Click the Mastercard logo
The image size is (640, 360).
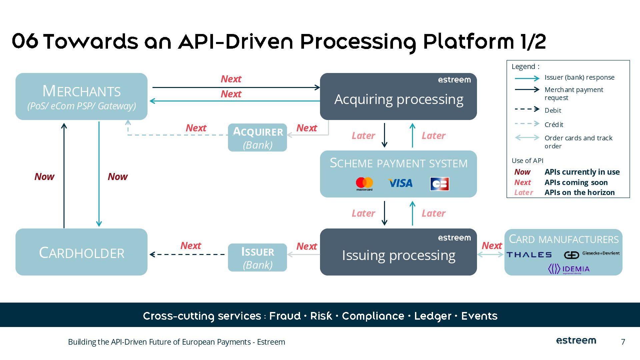(364, 184)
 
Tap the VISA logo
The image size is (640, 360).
(400, 183)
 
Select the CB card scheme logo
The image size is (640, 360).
(439, 184)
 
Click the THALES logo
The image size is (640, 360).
(529, 255)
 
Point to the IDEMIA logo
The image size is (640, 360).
(569, 269)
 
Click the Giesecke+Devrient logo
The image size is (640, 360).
(592, 254)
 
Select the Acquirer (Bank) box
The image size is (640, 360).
(257, 138)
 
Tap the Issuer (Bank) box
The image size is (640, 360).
(257, 258)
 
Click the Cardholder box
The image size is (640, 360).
(81, 252)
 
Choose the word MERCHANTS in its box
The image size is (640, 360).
(81, 91)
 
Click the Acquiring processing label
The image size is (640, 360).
(399, 99)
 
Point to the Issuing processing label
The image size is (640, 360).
(399, 255)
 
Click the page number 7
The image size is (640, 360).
(623, 342)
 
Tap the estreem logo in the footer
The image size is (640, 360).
(576, 341)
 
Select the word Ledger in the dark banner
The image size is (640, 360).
(432, 316)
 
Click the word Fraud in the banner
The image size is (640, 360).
(285, 316)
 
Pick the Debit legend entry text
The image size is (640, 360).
(553, 110)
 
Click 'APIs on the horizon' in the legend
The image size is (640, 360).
(579, 192)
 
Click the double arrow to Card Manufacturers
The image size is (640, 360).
(490, 254)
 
